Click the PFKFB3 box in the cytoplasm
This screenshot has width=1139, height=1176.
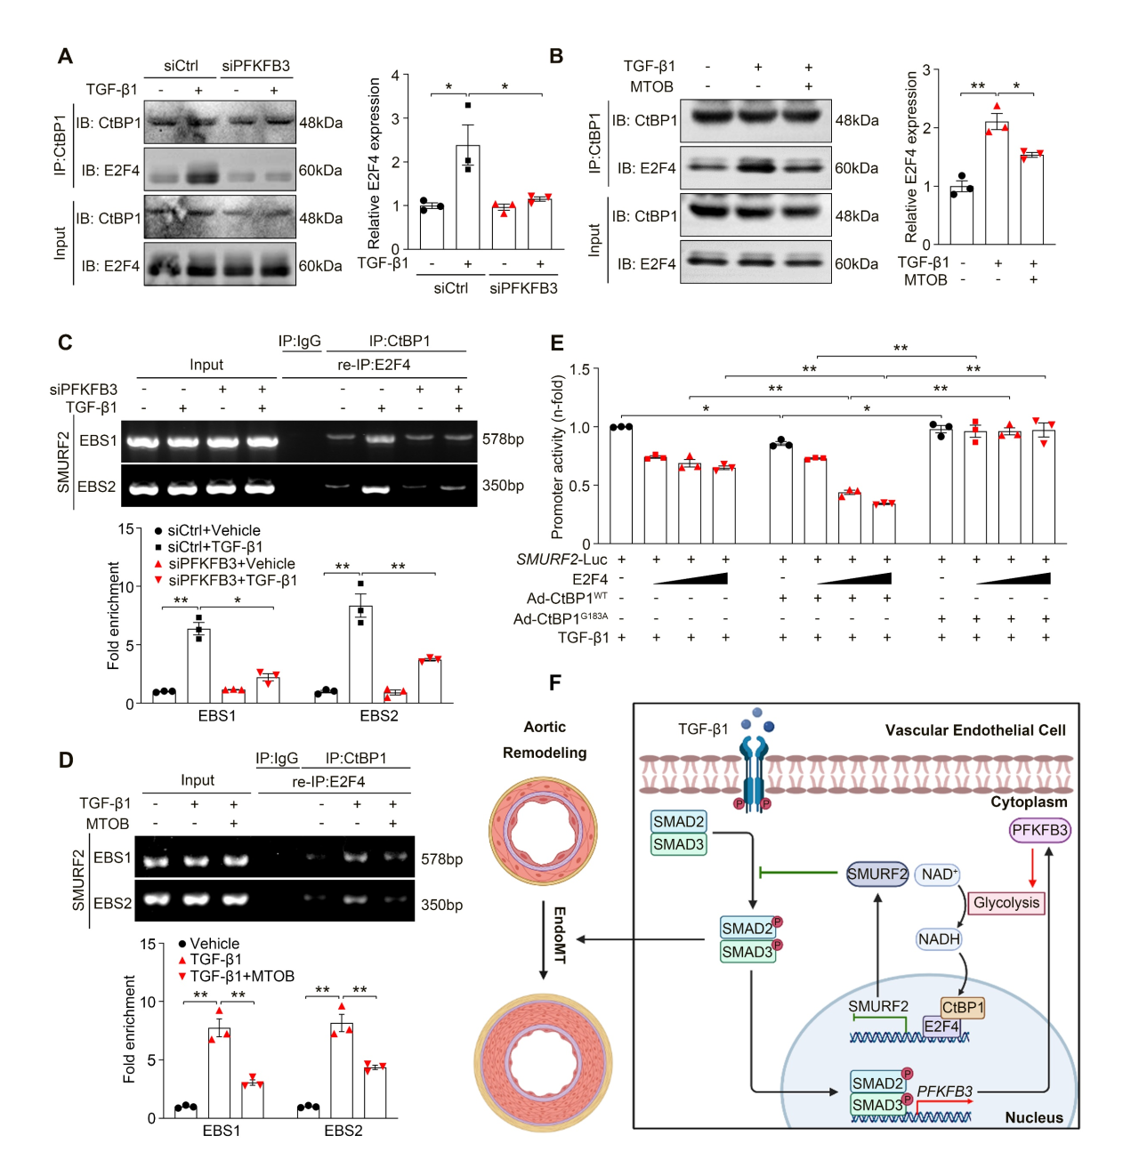(x=1039, y=830)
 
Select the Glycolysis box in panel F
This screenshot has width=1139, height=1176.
(x=1006, y=903)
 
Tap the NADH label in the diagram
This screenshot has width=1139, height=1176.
(x=939, y=938)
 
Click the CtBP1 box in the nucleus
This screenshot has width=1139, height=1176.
(x=963, y=1007)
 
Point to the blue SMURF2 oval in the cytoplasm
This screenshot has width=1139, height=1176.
(x=877, y=874)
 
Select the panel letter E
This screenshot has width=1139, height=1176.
(x=557, y=343)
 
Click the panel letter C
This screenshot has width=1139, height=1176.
(x=65, y=343)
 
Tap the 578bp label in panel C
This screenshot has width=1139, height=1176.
(x=503, y=439)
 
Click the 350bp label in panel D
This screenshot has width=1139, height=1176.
(x=441, y=905)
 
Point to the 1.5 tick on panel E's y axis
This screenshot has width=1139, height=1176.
(x=580, y=370)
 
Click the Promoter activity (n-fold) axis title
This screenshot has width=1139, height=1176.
(x=558, y=457)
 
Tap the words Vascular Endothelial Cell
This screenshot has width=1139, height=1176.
(x=975, y=730)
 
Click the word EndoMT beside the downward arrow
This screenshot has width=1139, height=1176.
(x=560, y=935)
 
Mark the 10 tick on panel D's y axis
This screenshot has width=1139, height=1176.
(x=148, y=1002)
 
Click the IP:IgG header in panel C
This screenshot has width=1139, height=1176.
(x=299, y=342)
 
